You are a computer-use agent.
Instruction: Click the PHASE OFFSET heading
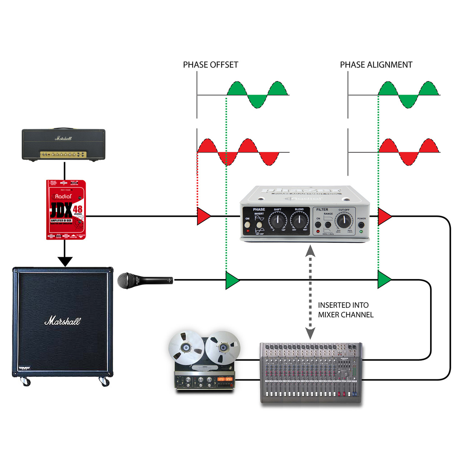pyautogui.click(x=210, y=65)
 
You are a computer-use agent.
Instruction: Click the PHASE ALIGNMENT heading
pyautogui.click(x=376, y=65)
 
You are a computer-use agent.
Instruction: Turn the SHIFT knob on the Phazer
pyautogui.click(x=278, y=220)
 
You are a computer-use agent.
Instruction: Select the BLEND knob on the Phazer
pyautogui.click(x=299, y=220)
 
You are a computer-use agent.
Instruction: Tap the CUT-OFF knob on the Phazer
pyautogui.click(x=344, y=221)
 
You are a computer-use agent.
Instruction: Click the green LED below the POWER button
pyautogui.click(x=361, y=231)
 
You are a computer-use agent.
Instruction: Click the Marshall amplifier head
pyautogui.click(x=64, y=144)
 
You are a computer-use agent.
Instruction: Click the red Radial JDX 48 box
pyautogui.click(x=66, y=210)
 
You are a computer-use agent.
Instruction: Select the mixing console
pyautogui.click(x=311, y=372)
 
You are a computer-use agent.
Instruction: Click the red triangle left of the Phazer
pyautogui.click(x=203, y=216)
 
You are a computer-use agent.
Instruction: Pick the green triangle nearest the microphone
pyautogui.click(x=231, y=280)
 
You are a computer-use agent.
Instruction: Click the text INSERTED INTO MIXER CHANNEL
pyautogui.click(x=345, y=310)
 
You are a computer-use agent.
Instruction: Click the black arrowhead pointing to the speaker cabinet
pyautogui.click(x=65, y=262)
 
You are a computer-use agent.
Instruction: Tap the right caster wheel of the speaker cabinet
pyautogui.click(x=104, y=382)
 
